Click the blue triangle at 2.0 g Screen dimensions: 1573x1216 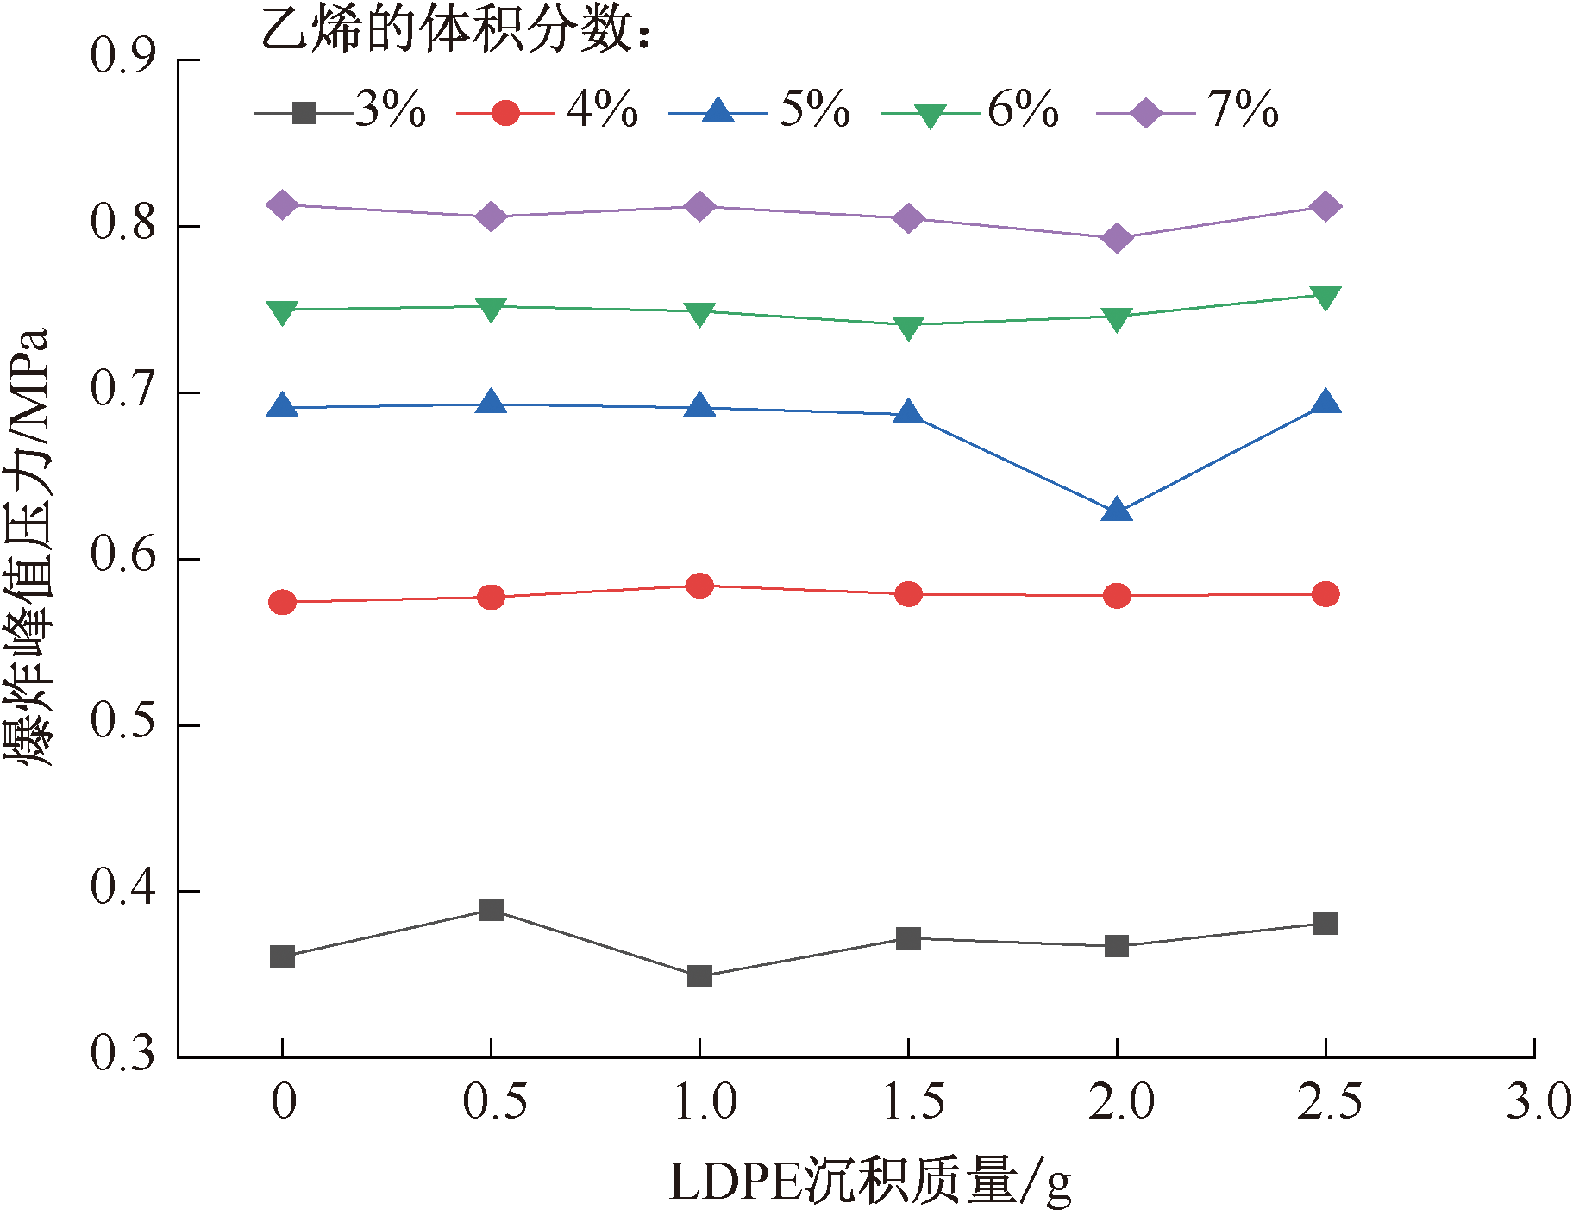tap(1117, 510)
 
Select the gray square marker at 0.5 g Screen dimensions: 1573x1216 tap(491, 910)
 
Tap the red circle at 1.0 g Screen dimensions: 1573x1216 tap(699, 586)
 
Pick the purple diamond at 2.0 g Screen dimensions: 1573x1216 tap(1117, 237)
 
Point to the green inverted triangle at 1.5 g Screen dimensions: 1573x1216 tap(908, 328)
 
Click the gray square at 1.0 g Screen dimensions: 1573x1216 tap(699, 976)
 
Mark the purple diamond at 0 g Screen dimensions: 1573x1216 tap(283, 205)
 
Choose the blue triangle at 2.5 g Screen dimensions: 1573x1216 tap(1325, 402)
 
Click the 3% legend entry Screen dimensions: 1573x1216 tap(342, 111)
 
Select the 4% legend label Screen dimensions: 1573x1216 tap(603, 110)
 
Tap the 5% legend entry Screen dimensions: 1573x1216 tap(760, 111)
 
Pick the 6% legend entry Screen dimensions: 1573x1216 tap(970, 111)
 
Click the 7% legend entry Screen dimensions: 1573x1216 tap(1188, 111)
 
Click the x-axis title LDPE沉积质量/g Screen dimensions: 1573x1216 tap(870, 1182)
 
